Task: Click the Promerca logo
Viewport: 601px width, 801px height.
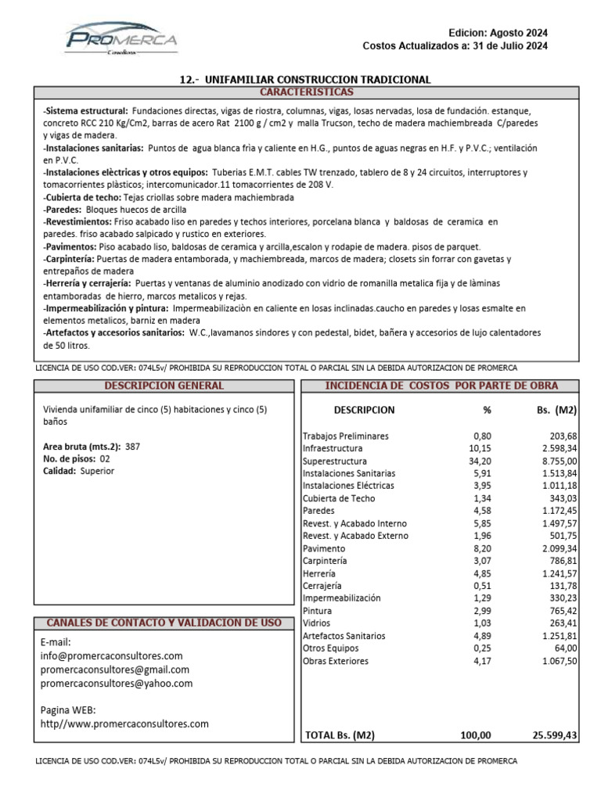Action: pyautogui.click(x=121, y=39)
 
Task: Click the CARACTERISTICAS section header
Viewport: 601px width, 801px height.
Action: pyautogui.click(x=306, y=92)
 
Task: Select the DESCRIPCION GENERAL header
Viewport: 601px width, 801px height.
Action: pyautogui.click(x=164, y=386)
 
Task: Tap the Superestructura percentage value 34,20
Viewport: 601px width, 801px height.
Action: pyautogui.click(x=480, y=461)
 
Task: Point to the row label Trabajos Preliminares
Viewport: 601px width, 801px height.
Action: pyautogui.click(x=345, y=436)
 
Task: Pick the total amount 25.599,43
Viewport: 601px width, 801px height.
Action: pyautogui.click(x=554, y=735)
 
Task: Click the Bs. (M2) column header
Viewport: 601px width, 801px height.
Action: pyautogui.click(x=554, y=410)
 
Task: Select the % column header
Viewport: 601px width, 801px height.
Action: pyautogui.click(x=487, y=410)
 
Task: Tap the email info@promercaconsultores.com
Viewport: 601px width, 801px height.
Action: pyautogui.click(x=111, y=656)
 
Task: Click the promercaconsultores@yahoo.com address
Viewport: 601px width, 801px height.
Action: pyautogui.click(x=116, y=683)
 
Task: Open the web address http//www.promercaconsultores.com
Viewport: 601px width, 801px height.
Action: pyautogui.click(x=124, y=724)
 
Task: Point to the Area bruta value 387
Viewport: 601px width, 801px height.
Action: pyautogui.click(x=132, y=447)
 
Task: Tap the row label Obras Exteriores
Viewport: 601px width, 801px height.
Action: pyautogui.click(x=335, y=661)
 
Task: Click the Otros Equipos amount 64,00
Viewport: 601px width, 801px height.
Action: pyautogui.click(x=563, y=648)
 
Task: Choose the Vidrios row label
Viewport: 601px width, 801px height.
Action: pyautogui.click(x=317, y=623)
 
